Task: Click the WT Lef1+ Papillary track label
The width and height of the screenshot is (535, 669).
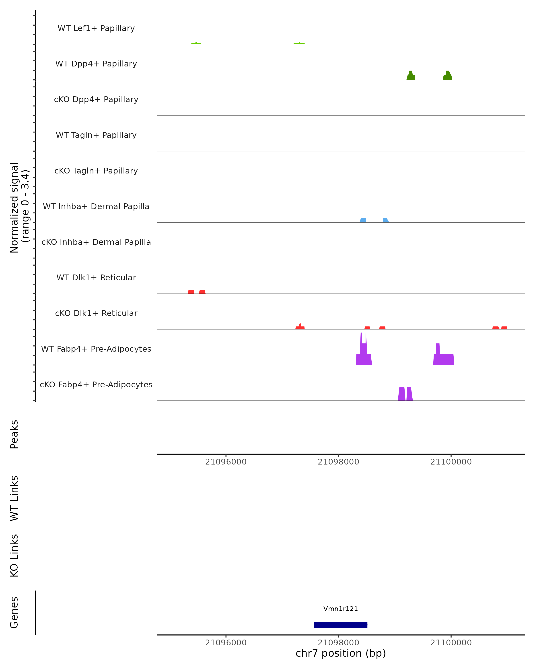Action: point(96,28)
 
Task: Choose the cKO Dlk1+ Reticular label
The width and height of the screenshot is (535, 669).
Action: point(96,313)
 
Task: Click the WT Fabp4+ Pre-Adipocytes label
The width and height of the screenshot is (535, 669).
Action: point(96,349)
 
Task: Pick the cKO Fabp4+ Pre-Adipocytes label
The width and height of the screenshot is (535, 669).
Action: point(96,384)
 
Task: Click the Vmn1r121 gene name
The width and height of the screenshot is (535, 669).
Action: point(341,609)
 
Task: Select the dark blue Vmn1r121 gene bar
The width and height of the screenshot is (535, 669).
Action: point(341,625)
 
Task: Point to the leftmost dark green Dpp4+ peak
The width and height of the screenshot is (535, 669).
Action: point(411,76)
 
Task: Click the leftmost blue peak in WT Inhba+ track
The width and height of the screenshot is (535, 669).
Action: point(363,220)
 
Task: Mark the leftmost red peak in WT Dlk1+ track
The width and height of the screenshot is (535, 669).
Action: point(191,292)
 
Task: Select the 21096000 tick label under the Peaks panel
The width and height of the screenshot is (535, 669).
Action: point(226,462)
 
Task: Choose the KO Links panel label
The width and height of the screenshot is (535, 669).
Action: point(14,555)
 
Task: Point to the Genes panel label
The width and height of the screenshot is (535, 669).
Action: point(14,613)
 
